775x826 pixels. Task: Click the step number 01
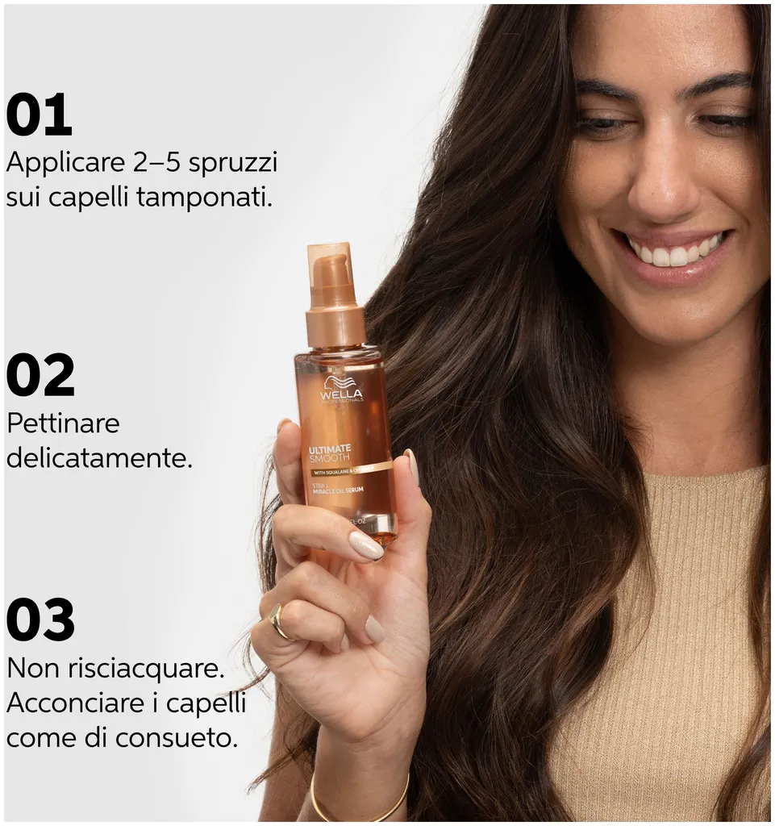pos(39,115)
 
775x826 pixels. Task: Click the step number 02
pos(40,375)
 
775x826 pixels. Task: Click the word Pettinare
pos(63,423)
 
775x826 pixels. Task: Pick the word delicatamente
pos(99,458)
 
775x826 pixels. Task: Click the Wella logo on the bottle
pos(342,391)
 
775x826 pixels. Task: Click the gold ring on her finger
pos(279,621)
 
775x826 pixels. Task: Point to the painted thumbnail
pos(366,545)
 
